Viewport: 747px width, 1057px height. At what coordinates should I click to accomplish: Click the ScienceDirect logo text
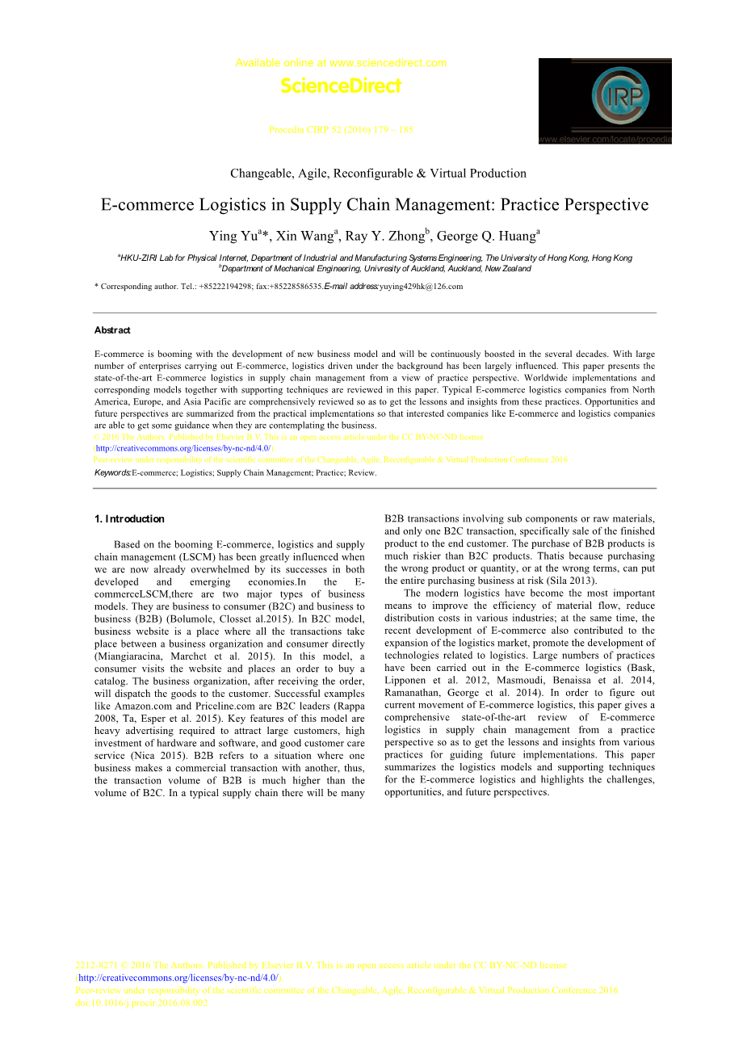(341, 86)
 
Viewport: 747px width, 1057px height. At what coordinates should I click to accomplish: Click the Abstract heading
(112, 330)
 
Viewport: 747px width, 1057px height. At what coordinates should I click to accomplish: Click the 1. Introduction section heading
(129, 519)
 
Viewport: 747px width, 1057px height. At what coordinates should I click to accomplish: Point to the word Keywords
(112, 473)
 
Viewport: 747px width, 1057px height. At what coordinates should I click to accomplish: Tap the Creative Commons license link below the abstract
(183, 448)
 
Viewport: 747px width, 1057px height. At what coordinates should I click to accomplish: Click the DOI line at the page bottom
(141, 1004)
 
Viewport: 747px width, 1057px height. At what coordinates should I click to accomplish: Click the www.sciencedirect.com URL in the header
(388, 63)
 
